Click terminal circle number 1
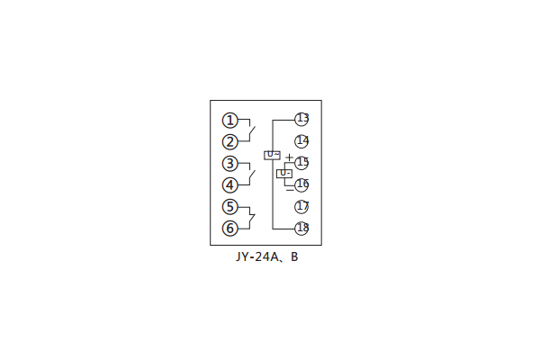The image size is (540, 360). (230, 120)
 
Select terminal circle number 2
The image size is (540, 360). (230, 141)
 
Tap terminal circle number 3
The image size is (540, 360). (230, 164)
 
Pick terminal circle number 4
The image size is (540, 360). (230, 185)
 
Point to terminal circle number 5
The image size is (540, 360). (230, 207)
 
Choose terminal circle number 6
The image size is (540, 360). (230, 228)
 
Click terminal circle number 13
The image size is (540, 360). (301, 119)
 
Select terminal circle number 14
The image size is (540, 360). (301, 140)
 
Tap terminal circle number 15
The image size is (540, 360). (301, 163)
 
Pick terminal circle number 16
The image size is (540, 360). (301, 184)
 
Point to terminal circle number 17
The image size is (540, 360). (301, 206)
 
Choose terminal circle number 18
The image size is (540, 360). (301, 228)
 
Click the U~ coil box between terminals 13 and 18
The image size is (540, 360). (272, 155)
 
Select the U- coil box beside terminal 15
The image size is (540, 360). (284, 173)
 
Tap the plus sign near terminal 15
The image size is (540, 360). (288, 158)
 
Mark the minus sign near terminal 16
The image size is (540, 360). (289, 188)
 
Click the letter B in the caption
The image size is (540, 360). (293, 256)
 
